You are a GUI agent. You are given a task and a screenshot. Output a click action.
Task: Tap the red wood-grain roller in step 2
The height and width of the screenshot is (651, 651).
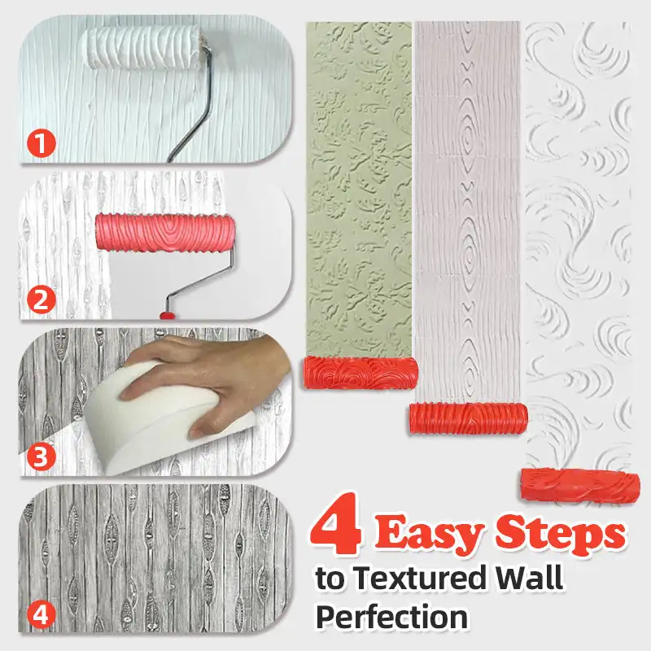click(x=164, y=233)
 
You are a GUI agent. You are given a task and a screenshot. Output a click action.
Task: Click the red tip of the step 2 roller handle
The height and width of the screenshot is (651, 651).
click(x=167, y=313)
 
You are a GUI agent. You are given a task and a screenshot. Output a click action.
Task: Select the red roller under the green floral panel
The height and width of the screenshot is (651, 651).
click(x=360, y=374)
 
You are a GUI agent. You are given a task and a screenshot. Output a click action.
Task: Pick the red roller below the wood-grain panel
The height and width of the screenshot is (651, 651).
click(x=467, y=417)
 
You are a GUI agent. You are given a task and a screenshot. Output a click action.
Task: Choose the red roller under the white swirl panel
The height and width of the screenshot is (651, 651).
click(x=581, y=486)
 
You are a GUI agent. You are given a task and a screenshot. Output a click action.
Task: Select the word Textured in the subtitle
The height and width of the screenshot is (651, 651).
click(x=417, y=579)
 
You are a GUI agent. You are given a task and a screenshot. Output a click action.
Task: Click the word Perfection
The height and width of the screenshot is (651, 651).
click(x=391, y=616)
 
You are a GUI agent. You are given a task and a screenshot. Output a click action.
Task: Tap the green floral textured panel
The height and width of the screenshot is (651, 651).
click(x=358, y=187)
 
